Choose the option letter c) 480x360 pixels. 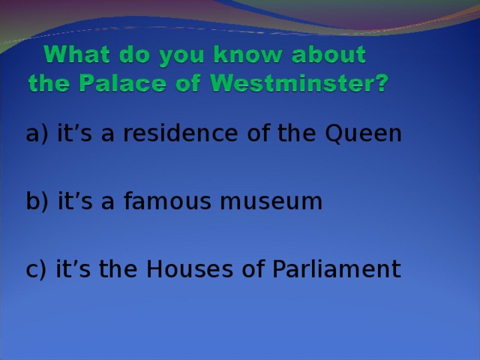tap(36, 269)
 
